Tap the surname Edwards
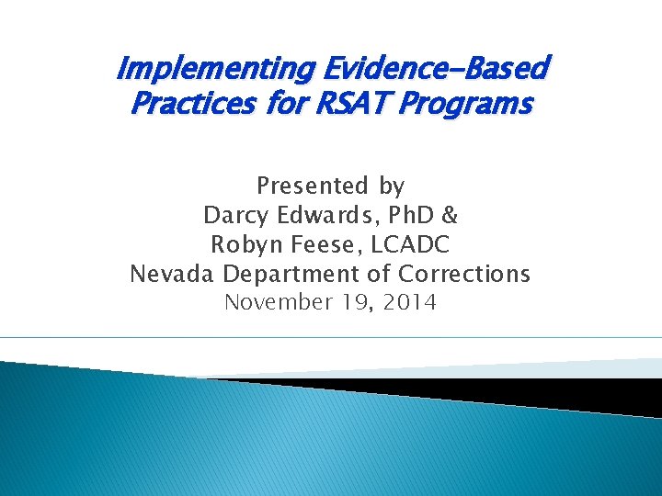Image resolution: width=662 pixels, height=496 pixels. click(x=325, y=216)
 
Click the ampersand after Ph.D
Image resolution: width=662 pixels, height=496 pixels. click(x=450, y=216)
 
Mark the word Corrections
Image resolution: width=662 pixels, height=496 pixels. click(x=464, y=275)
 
